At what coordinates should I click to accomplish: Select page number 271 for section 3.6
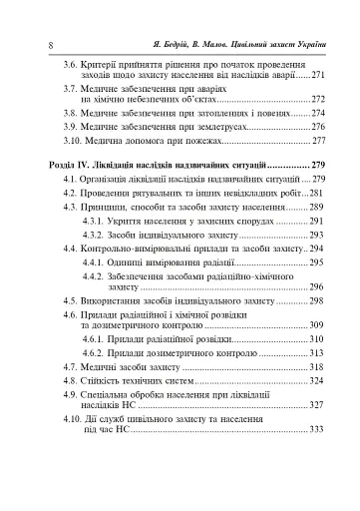pyautogui.click(x=318, y=75)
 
